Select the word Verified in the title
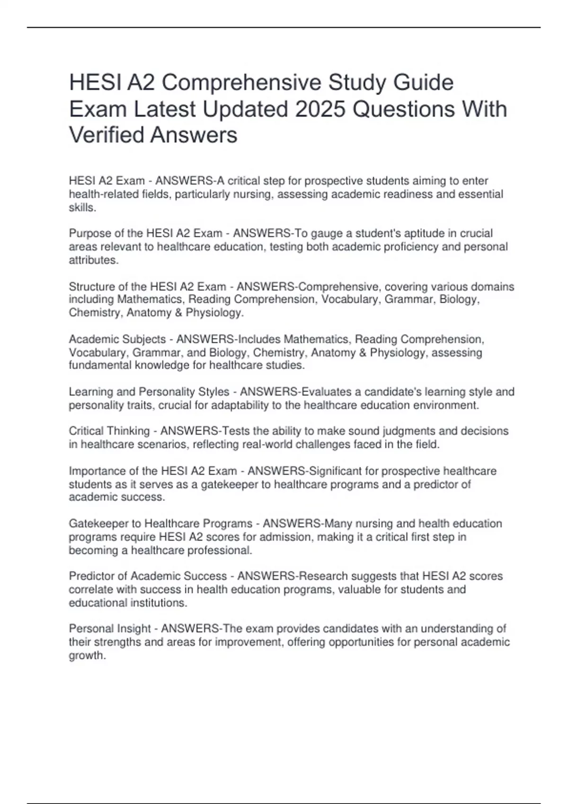pos(106,135)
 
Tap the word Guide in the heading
pos(425,82)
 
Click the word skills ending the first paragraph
pos(82,207)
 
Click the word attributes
pos(93,260)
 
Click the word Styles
pos(213,392)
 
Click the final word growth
pos(87,656)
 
